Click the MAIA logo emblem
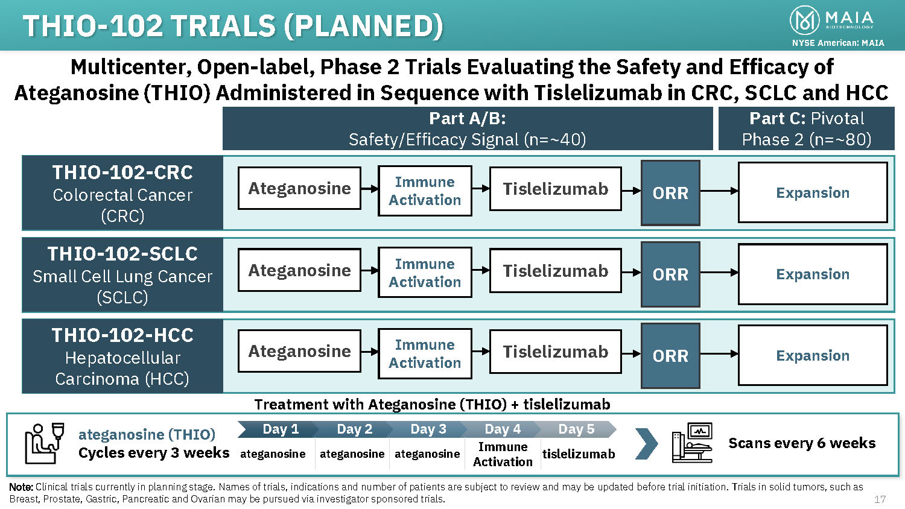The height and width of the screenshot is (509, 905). (804, 20)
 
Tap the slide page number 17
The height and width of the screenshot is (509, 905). (880, 499)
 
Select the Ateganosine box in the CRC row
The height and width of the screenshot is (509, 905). (299, 188)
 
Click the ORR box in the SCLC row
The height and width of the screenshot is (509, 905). (670, 274)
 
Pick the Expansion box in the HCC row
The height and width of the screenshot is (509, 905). (813, 355)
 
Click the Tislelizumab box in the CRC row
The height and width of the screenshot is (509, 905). (555, 189)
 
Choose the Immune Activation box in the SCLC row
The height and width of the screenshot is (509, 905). (425, 273)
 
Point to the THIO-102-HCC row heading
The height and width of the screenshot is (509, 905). (122, 335)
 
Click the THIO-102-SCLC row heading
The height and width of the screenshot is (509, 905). (122, 254)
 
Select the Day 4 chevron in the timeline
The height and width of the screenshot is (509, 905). (503, 429)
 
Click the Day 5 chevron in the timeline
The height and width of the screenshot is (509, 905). (576, 429)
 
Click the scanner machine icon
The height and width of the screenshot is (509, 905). (692, 443)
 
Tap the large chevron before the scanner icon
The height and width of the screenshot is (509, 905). (646, 443)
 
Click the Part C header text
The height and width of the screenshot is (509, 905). (806, 128)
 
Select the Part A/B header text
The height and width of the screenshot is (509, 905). (468, 128)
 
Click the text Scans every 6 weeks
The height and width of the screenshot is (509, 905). (802, 443)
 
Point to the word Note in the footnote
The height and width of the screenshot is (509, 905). (21, 487)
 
